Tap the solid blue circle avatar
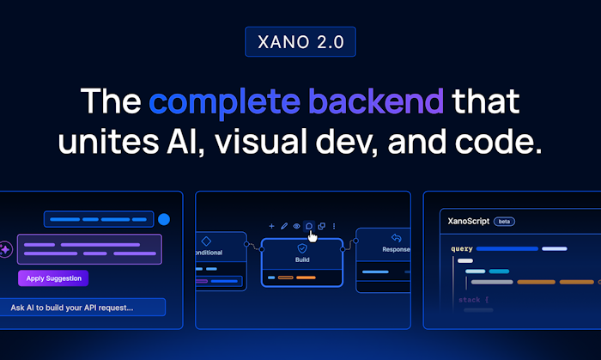(x=164, y=219)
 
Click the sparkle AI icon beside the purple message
(x=6, y=249)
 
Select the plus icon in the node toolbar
(x=271, y=226)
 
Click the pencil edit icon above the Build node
(x=284, y=226)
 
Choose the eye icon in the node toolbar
(x=297, y=226)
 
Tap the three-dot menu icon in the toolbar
(x=334, y=226)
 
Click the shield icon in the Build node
(x=301, y=247)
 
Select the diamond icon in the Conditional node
(x=206, y=241)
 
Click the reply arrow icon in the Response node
(x=396, y=238)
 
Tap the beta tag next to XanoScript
(x=504, y=221)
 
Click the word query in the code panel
(x=461, y=249)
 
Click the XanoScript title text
(x=469, y=221)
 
